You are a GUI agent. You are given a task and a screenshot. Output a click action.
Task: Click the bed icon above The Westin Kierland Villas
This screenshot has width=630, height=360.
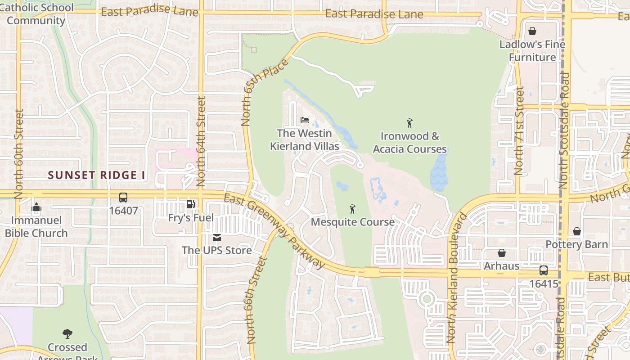(x=305, y=120)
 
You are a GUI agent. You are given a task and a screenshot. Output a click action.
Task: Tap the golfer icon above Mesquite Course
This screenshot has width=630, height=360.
(x=352, y=209)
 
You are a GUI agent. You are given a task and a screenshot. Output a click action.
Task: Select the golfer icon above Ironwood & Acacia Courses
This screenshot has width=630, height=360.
(x=409, y=123)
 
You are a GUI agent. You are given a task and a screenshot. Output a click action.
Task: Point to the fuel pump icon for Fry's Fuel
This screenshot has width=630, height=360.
(x=191, y=205)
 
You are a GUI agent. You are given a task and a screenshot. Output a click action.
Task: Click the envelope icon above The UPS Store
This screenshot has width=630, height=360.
(x=217, y=237)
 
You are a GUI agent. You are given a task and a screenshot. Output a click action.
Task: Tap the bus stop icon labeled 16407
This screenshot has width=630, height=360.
(x=123, y=198)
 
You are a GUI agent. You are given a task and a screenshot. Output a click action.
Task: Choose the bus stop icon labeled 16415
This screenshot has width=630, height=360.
(x=544, y=270)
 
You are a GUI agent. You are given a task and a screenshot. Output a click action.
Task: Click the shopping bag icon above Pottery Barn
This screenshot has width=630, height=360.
(x=576, y=231)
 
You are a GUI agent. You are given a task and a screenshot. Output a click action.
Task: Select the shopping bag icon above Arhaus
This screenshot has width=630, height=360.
(x=501, y=253)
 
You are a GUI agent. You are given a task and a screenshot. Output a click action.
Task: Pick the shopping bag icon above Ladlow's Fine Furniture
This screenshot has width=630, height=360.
(x=532, y=31)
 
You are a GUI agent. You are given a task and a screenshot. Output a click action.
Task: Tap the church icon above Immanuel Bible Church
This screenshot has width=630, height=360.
(x=36, y=207)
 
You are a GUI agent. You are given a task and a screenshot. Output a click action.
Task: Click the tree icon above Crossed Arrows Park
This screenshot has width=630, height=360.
(x=67, y=334)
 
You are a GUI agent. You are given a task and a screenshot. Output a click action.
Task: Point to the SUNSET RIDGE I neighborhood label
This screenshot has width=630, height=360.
(x=97, y=175)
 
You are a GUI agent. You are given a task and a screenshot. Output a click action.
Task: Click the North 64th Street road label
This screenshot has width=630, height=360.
(x=201, y=141)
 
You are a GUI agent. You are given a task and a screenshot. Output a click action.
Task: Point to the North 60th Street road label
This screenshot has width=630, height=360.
(x=18, y=154)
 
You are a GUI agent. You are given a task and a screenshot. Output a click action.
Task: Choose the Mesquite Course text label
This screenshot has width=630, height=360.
(x=353, y=222)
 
